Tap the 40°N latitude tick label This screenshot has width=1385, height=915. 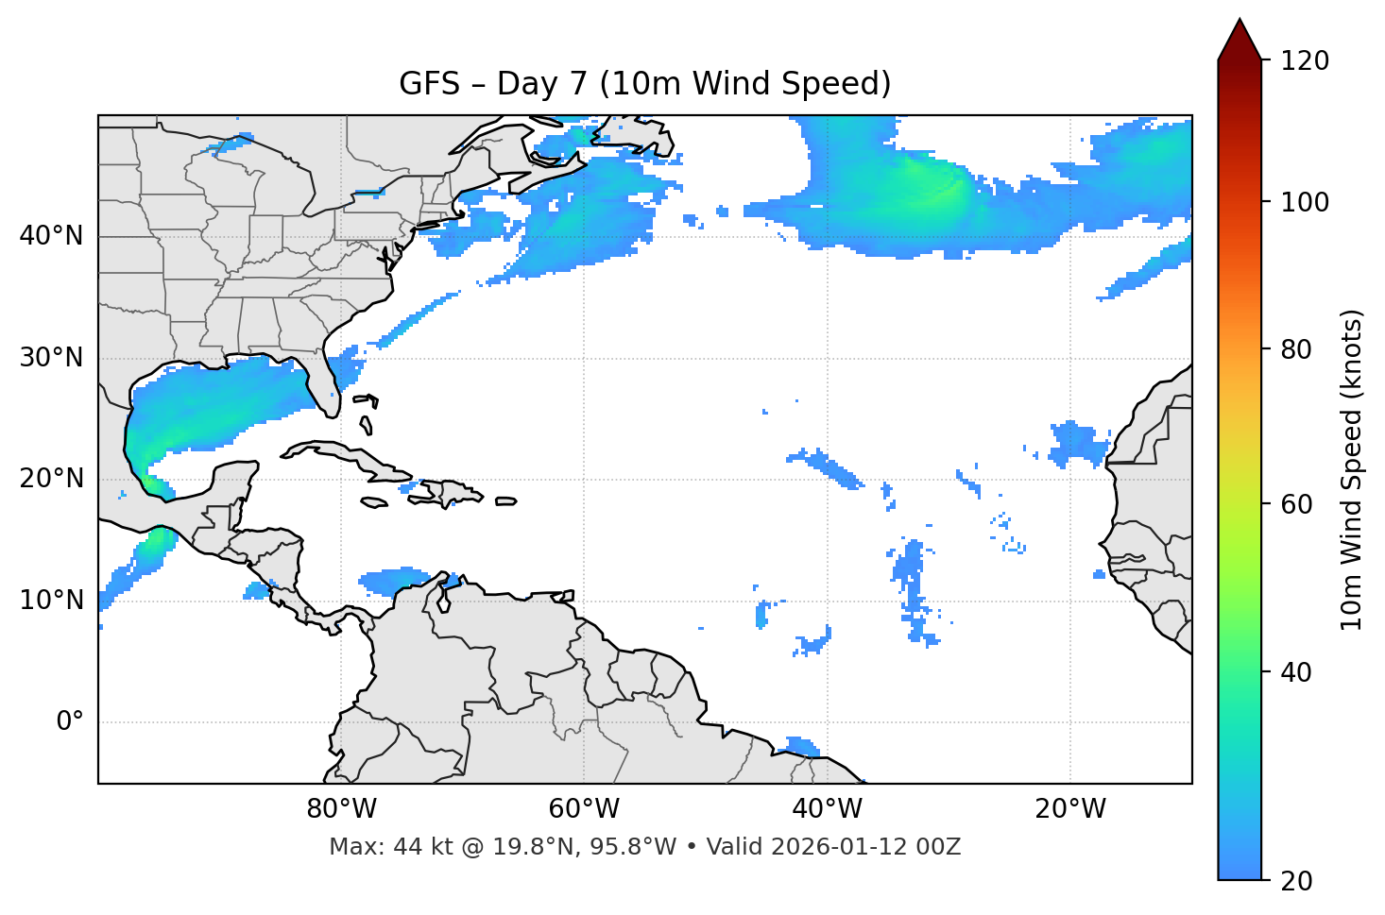[x=51, y=236]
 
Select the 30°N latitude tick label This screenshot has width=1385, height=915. [x=51, y=358]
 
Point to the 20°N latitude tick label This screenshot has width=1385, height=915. [x=51, y=479]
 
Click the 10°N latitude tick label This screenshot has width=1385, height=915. [x=51, y=601]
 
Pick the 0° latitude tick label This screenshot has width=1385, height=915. [x=70, y=722]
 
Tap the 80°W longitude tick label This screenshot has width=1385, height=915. [x=341, y=809]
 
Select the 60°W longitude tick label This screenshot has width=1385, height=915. [x=584, y=809]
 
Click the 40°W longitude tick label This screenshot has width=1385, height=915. [x=827, y=809]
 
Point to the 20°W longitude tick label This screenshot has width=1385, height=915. [x=1069, y=809]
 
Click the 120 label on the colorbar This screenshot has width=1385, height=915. [x=1305, y=61]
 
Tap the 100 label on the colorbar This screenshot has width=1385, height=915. [x=1305, y=202]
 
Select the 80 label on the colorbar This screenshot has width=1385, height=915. [x=1298, y=349]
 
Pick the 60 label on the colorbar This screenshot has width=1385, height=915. [x=1298, y=504]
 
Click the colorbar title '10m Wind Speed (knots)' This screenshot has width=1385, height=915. [x=1352, y=469]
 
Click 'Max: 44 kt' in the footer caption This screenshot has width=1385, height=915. [x=374, y=847]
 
